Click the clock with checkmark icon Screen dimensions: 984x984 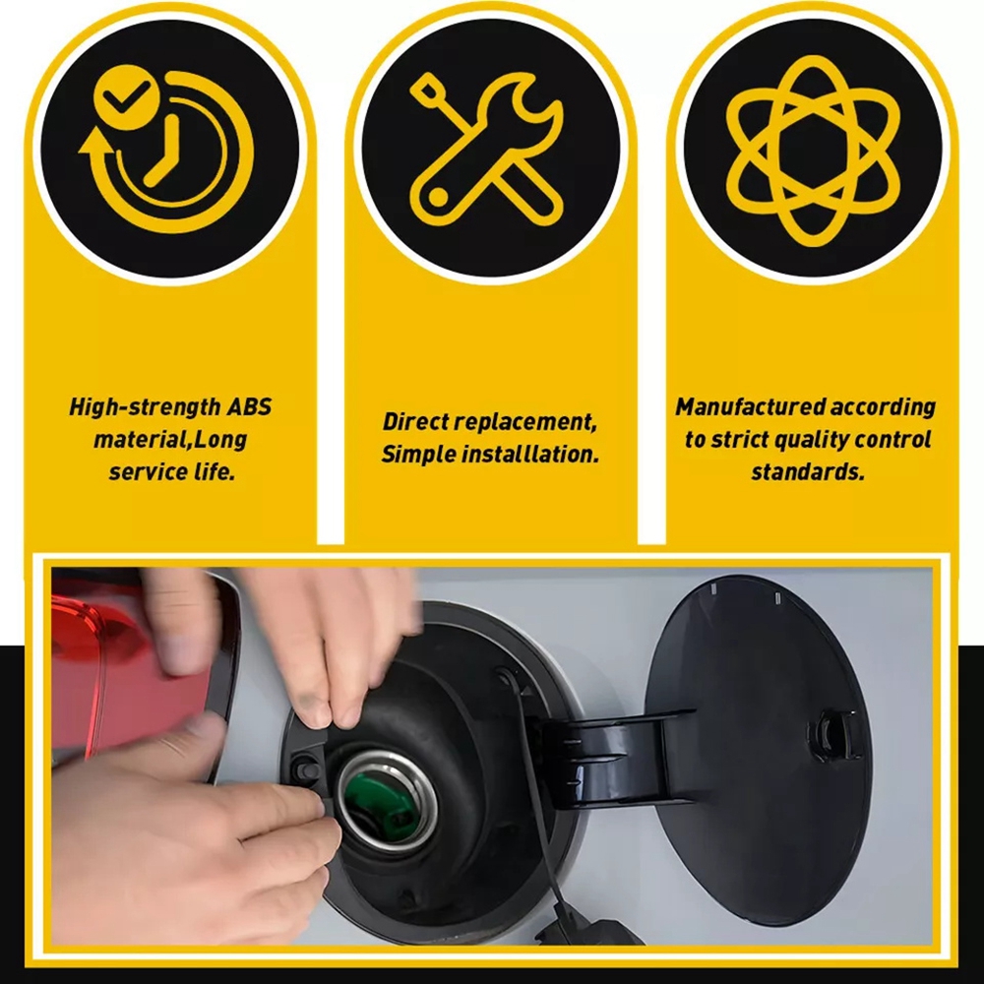click(167, 150)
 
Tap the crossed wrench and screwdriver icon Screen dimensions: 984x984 click(486, 149)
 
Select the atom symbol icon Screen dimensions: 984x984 click(814, 151)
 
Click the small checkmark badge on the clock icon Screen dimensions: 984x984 click(126, 96)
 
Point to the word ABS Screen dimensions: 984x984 click(249, 406)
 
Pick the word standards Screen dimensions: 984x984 click(808, 471)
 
